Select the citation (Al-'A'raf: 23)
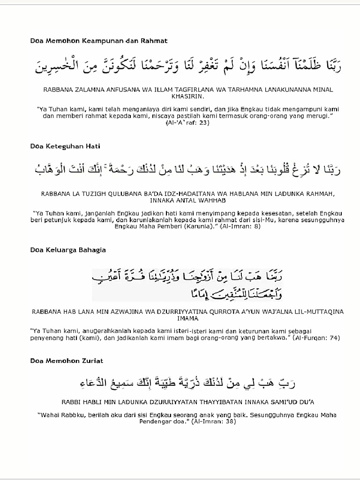pyautogui.click(x=187, y=123)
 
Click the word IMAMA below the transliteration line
pyautogui.click(x=188, y=318)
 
